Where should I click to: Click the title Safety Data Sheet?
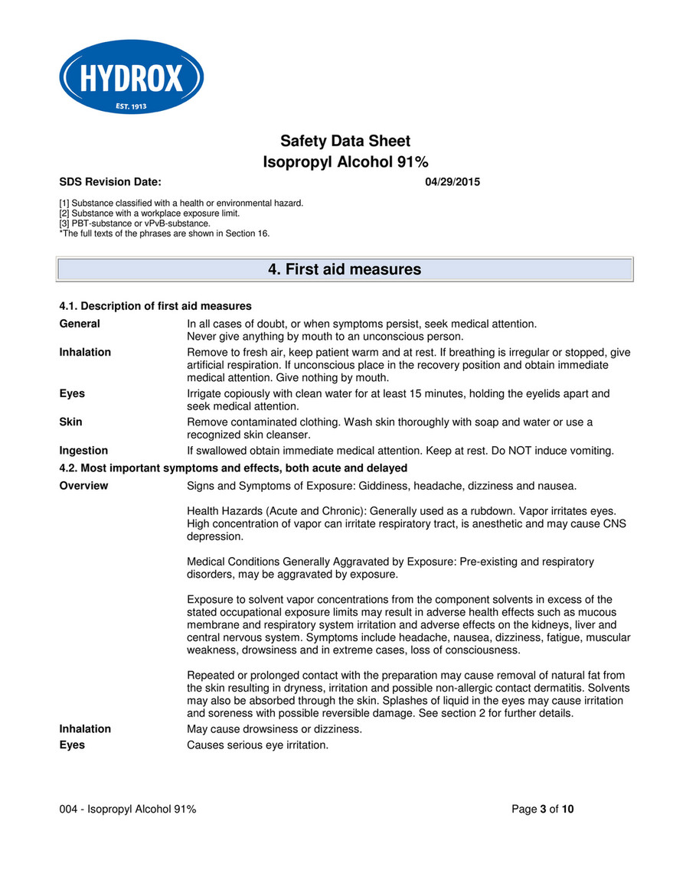(x=345, y=141)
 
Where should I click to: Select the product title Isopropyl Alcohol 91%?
(x=345, y=162)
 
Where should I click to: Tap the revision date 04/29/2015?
(x=452, y=182)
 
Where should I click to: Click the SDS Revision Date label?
(x=110, y=182)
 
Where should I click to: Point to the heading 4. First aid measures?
(x=345, y=269)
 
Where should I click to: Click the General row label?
(x=80, y=324)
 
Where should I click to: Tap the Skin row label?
(x=71, y=422)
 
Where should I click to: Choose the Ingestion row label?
(x=83, y=451)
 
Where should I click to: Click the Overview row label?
(x=83, y=485)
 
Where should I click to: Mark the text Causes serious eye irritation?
(x=257, y=745)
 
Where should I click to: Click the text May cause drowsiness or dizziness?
(x=274, y=729)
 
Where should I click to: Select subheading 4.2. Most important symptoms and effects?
(x=233, y=468)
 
